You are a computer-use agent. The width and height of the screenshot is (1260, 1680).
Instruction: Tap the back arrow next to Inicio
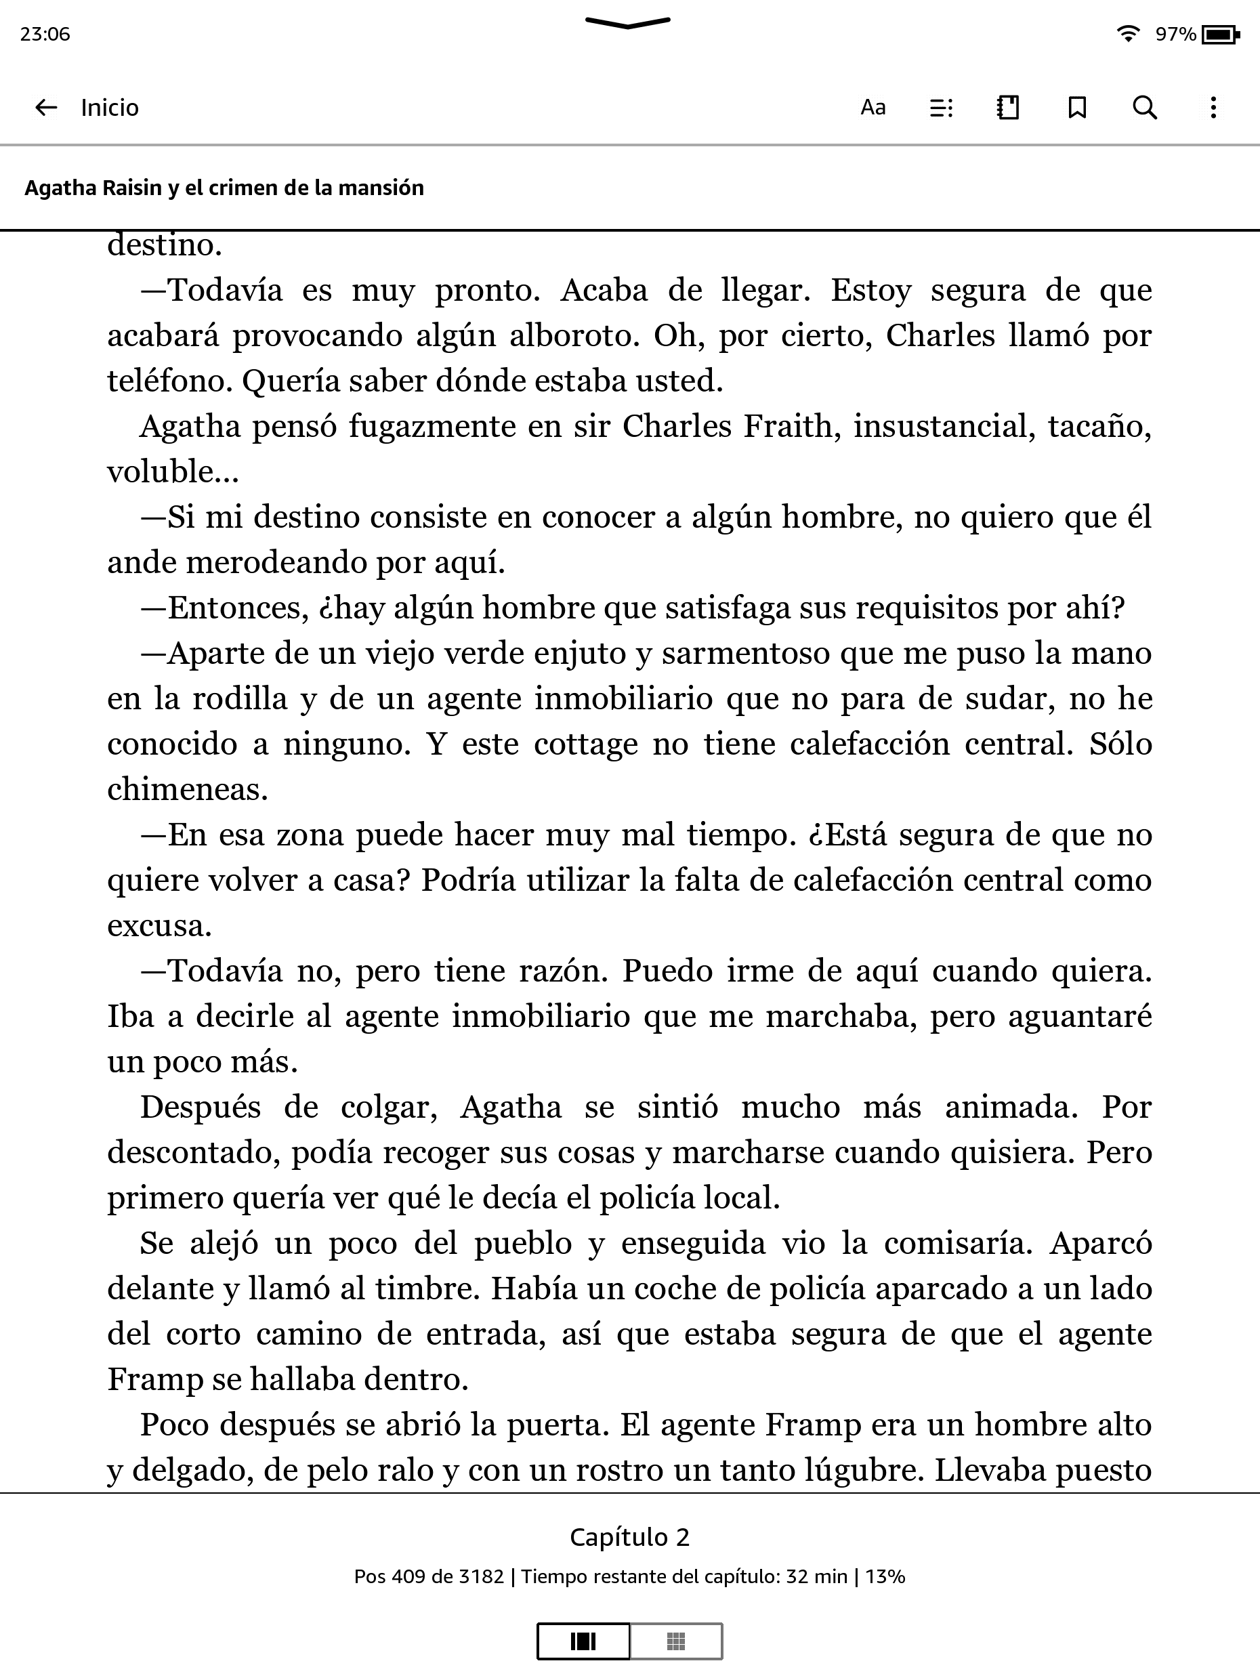click(46, 108)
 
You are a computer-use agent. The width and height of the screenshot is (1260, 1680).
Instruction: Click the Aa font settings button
click(873, 108)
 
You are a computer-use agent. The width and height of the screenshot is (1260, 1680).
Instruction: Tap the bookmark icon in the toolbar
click(1076, 108)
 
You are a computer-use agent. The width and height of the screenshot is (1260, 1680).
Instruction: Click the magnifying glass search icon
click(1145, 108)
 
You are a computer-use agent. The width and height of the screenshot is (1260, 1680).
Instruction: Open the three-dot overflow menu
click(1213, 108)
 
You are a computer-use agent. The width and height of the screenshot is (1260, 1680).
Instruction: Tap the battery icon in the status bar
click(1221, 34)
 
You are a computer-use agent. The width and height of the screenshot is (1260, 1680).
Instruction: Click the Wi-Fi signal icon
click(1129, 33)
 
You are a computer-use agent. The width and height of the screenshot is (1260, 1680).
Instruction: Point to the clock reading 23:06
click(45, 34)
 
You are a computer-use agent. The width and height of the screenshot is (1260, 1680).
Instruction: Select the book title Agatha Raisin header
click(224, 188)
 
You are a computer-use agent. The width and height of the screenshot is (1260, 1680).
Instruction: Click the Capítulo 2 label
click(629, 1537)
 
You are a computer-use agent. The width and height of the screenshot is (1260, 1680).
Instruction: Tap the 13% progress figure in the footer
click(885, 1577)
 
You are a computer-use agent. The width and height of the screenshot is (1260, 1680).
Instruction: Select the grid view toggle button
click(676, 1641)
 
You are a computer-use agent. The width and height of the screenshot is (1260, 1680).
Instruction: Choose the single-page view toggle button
click(583, 1641)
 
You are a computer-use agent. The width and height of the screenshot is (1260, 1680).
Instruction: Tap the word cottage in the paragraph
click(585, 744)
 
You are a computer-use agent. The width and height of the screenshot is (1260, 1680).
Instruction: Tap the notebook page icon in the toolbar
click(1008, 108)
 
